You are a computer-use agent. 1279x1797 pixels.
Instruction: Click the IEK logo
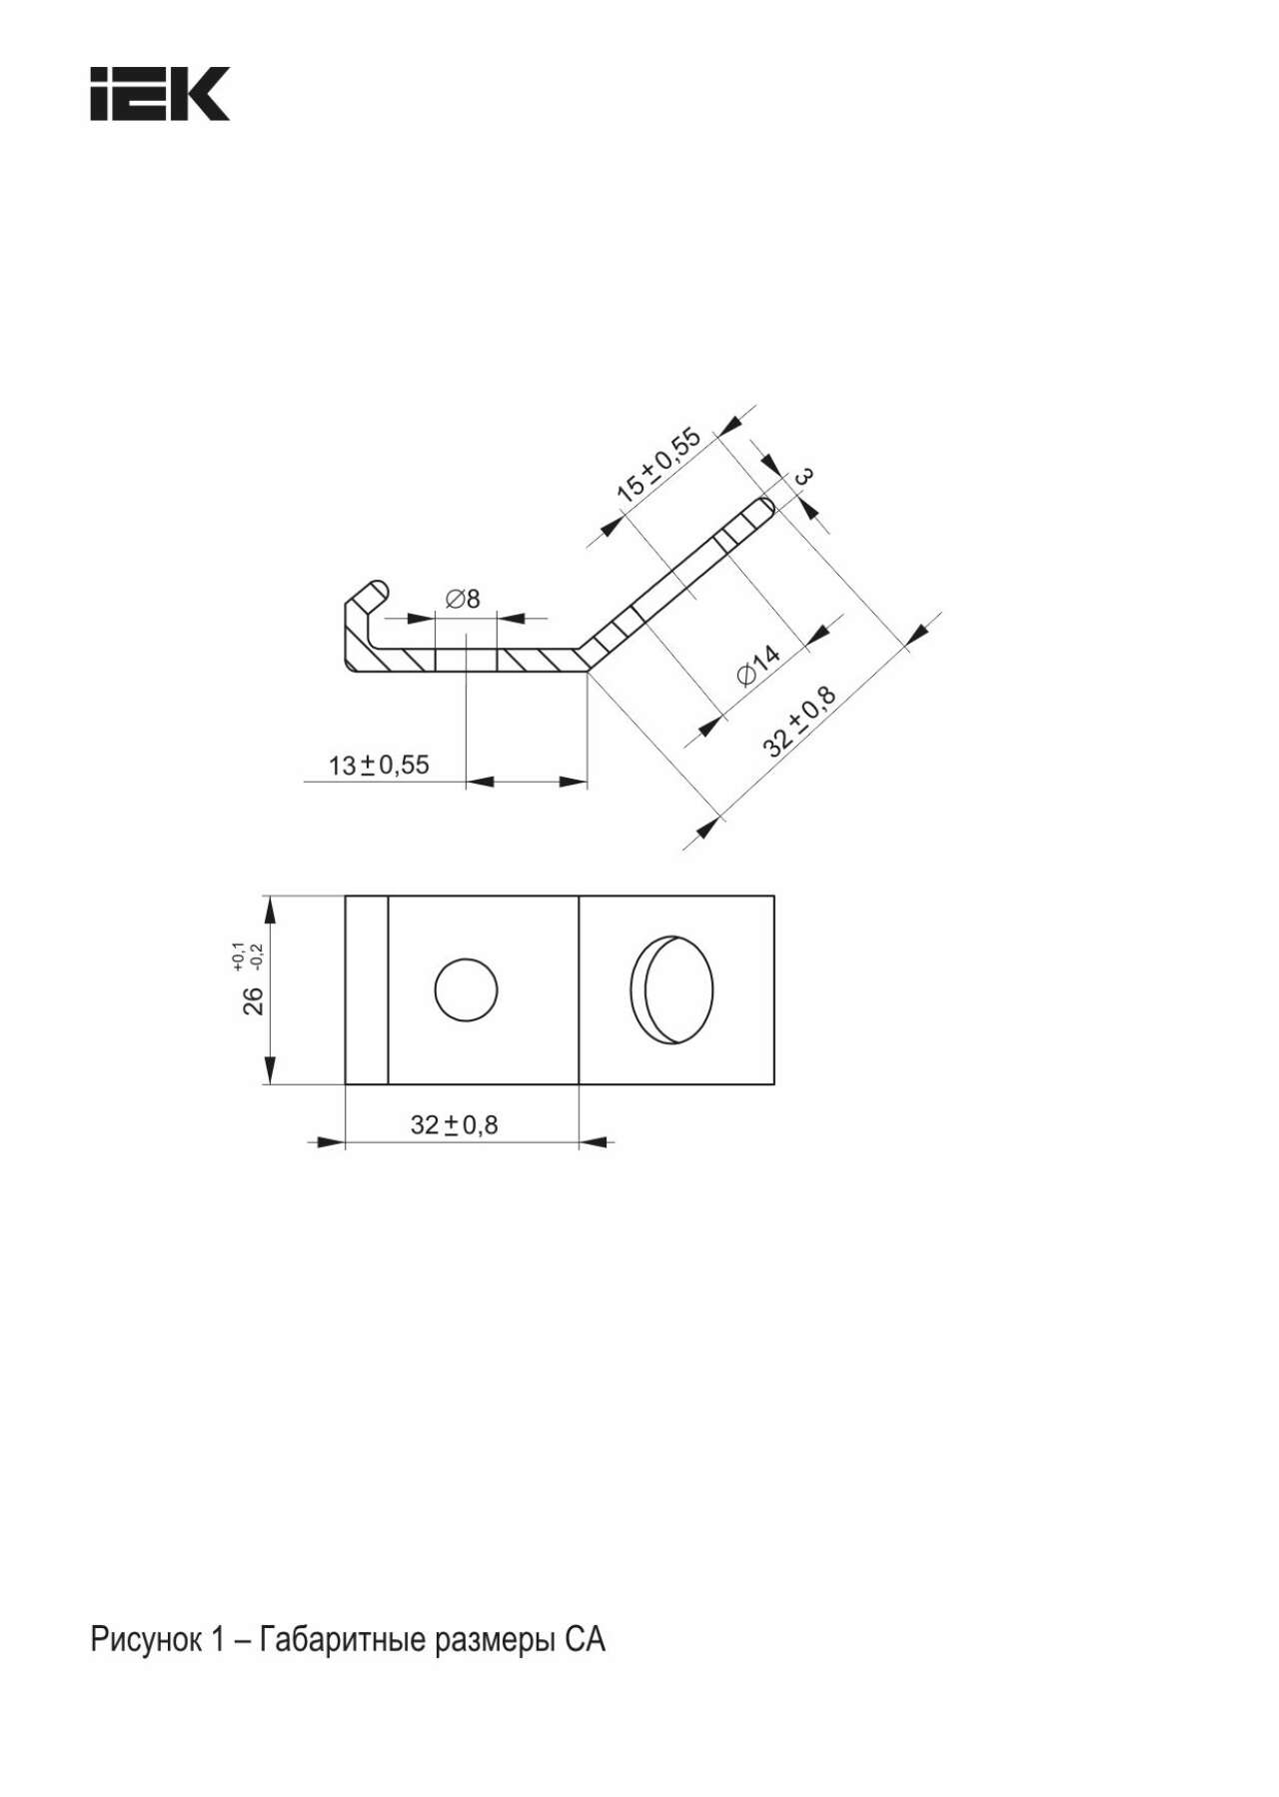tap(160, 94)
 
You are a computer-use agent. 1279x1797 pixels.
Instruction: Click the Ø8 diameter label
tap(462, 599)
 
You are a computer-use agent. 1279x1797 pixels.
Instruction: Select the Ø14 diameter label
tap(758, 666)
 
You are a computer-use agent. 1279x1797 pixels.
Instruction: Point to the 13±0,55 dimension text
tap(379, 766)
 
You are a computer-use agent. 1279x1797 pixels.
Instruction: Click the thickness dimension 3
tap(801, 477)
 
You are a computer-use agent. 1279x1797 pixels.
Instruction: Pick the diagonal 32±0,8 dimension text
tap(799, 721)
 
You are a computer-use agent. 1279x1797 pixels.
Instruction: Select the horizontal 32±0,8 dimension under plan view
tap(454, 1125)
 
